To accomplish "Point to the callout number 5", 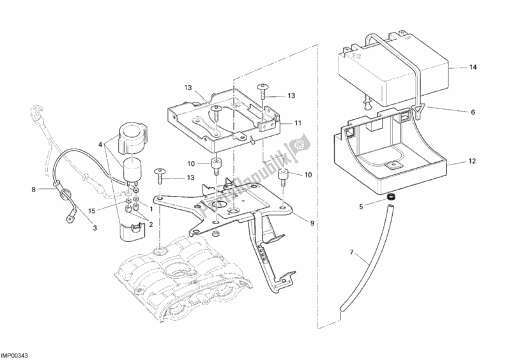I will [361, 206].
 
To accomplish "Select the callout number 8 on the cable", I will [34, 189].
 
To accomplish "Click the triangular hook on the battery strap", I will [419, 110].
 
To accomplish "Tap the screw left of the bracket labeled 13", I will [160, 173].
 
